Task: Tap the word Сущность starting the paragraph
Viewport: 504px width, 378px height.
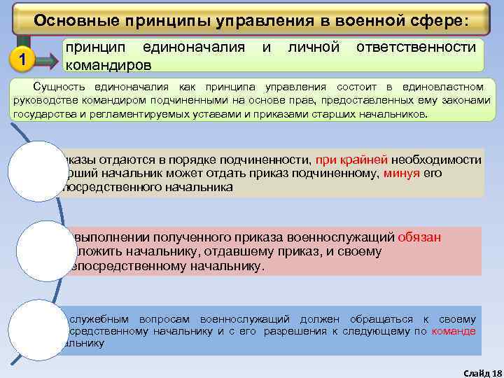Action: (x=57, y=87)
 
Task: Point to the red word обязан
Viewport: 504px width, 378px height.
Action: (x=419, y=237)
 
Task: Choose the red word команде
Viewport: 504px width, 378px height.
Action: (x=454, y=331)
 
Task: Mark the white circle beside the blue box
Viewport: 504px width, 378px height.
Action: (x=38, y=328)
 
